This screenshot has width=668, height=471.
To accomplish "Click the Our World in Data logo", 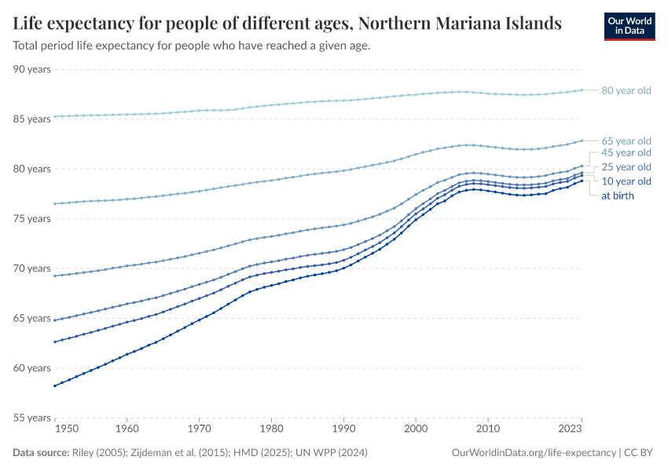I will (629, 26).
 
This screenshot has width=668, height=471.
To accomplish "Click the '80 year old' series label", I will (626, 90).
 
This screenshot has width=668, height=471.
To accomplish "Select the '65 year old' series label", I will (626, 141).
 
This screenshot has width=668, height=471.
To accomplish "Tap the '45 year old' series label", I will (626, 152).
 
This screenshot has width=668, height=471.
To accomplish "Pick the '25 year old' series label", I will (626, 167).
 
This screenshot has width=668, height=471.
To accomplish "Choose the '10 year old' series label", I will (626, 181).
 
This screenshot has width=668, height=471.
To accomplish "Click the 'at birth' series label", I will (617, 195).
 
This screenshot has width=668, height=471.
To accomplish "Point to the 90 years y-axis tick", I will (32, 69).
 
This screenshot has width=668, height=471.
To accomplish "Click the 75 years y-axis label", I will (32, 219).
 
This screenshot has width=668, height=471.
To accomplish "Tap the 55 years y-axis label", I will (32, 418).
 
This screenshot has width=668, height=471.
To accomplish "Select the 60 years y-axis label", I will (32, 368).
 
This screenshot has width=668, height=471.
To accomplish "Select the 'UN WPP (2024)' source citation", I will (332, 453).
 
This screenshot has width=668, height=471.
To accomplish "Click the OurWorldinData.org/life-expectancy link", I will (534, 453).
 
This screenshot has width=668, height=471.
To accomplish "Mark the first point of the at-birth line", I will (55, 385).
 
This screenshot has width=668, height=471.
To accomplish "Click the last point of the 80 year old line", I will (582, 90).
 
